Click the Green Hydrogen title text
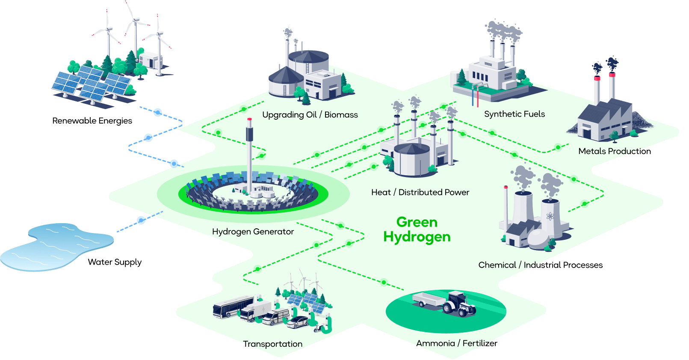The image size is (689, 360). coord(417,230)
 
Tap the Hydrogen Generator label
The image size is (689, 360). coord(253,232)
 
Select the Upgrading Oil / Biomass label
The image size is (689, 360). coord(310,115)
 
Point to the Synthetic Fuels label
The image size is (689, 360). coord(515,114)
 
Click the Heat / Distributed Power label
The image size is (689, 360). coord(420,192)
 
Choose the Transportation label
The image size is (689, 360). coord(273,344)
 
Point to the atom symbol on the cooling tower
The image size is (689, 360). coord(550,216)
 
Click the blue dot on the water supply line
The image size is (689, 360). coord(141,220)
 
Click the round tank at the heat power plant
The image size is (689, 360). coord(411,160)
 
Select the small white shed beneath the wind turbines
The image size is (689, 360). coord(150,60)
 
